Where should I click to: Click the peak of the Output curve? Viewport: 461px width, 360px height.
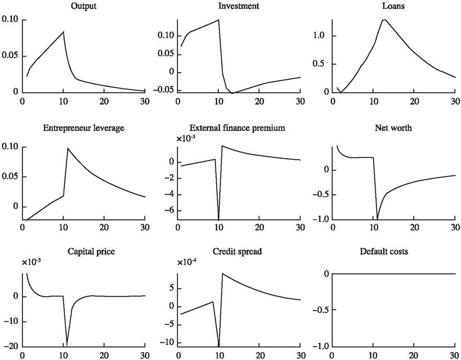(63, 32)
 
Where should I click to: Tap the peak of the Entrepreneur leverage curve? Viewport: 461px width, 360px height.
(68, 148)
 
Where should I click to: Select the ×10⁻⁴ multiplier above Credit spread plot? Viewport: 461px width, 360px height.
(187, 262)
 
